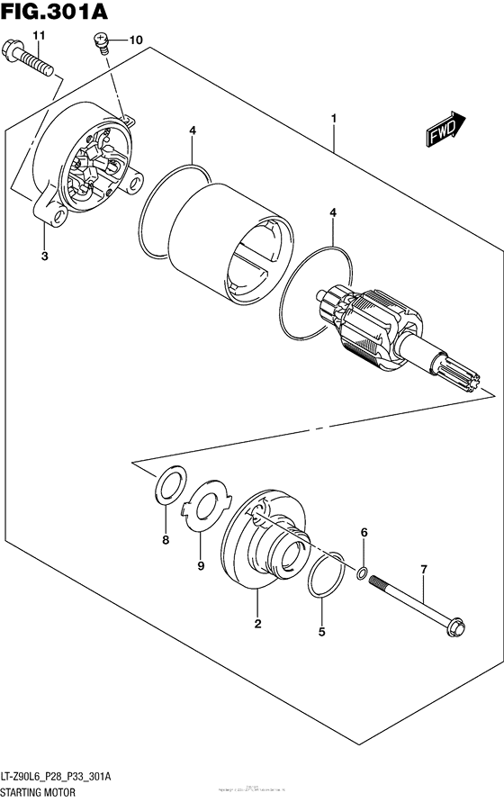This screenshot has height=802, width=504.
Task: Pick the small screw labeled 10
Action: (103, 41)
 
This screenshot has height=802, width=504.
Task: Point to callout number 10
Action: (136, 41)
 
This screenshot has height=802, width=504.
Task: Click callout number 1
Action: (333, 118)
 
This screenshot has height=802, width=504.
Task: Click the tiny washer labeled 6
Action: (361, 573)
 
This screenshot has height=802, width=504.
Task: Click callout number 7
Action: (423, 570)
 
